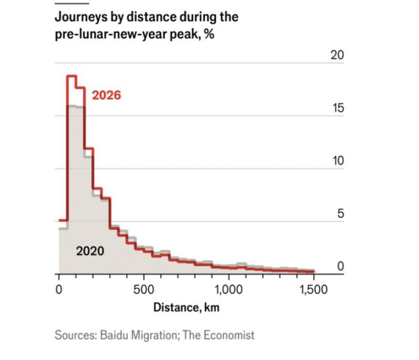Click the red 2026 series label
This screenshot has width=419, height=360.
click(106, 95)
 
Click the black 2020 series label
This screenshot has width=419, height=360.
click(90, 251)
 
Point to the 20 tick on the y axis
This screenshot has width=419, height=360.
click(337, 56)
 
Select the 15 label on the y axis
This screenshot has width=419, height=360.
click(337, 108)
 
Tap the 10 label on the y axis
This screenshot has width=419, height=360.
click(337, 161)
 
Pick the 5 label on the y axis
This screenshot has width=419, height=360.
click(340, 214)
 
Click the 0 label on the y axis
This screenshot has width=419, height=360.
click(340, 266)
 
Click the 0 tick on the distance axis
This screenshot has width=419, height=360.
click(59, 288)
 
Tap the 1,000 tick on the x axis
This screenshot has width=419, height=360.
click(228, 288)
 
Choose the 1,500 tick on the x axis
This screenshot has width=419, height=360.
click(313, 288)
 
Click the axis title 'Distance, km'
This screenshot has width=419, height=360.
click(186, 308)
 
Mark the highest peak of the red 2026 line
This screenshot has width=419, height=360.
click(72, 77)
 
